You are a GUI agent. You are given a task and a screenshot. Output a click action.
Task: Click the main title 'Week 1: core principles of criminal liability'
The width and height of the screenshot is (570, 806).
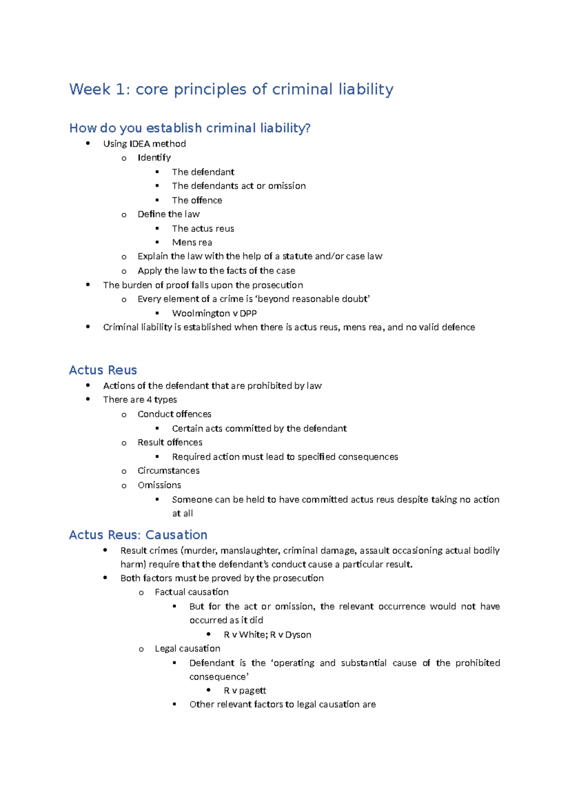[231, 89]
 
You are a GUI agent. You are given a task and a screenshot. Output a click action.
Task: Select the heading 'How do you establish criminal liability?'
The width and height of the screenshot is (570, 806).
[190, 128]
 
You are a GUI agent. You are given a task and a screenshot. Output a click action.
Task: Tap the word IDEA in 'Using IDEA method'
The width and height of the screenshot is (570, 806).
[140, 144]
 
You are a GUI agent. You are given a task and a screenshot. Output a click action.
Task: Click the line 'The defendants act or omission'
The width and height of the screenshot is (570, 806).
[238, 186]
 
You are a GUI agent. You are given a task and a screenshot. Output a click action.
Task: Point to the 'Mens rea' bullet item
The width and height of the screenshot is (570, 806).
[192, 242]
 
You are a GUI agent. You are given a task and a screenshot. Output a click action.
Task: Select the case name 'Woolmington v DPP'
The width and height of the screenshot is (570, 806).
[214, 313]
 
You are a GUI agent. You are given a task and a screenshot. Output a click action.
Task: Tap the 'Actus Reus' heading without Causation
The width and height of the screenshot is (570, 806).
[103, 370]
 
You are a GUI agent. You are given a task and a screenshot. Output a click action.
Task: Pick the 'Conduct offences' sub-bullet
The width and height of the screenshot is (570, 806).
[174, 414]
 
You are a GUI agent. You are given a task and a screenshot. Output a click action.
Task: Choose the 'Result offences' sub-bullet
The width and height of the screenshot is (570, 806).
[170, 442]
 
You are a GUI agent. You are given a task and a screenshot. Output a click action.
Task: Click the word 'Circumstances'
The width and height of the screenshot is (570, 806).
[168, 470]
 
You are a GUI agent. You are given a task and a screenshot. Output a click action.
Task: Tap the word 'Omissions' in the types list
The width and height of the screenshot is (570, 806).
[159, 485]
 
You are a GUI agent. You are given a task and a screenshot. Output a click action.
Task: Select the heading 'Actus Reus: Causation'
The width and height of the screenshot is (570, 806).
[138, 535]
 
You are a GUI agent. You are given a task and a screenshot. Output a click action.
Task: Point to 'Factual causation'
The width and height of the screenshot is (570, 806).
[191, 592]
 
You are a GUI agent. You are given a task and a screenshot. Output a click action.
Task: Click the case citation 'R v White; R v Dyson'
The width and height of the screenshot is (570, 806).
[267, 634]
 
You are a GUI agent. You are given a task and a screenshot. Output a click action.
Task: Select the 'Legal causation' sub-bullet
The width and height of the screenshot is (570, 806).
[187, 649]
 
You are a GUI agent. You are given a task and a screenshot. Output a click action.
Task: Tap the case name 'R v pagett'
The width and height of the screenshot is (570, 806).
[245, 691]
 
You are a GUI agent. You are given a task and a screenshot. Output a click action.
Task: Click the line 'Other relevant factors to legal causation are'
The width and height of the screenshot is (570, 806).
[282, 704]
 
